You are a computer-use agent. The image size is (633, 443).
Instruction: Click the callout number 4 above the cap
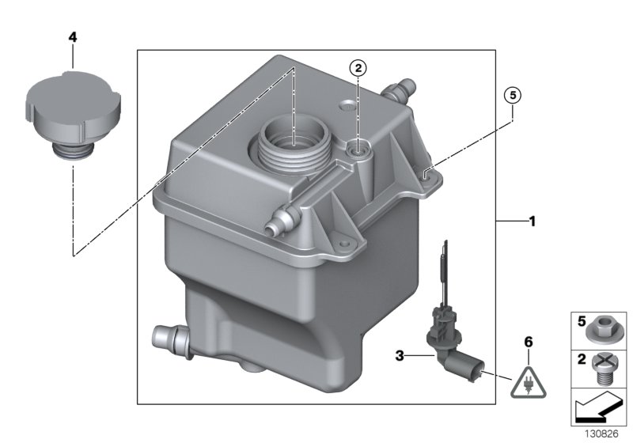73,37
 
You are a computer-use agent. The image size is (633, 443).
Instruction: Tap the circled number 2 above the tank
358,69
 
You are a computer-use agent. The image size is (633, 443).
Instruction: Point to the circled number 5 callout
513,96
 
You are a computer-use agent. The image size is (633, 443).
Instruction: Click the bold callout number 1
532,222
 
